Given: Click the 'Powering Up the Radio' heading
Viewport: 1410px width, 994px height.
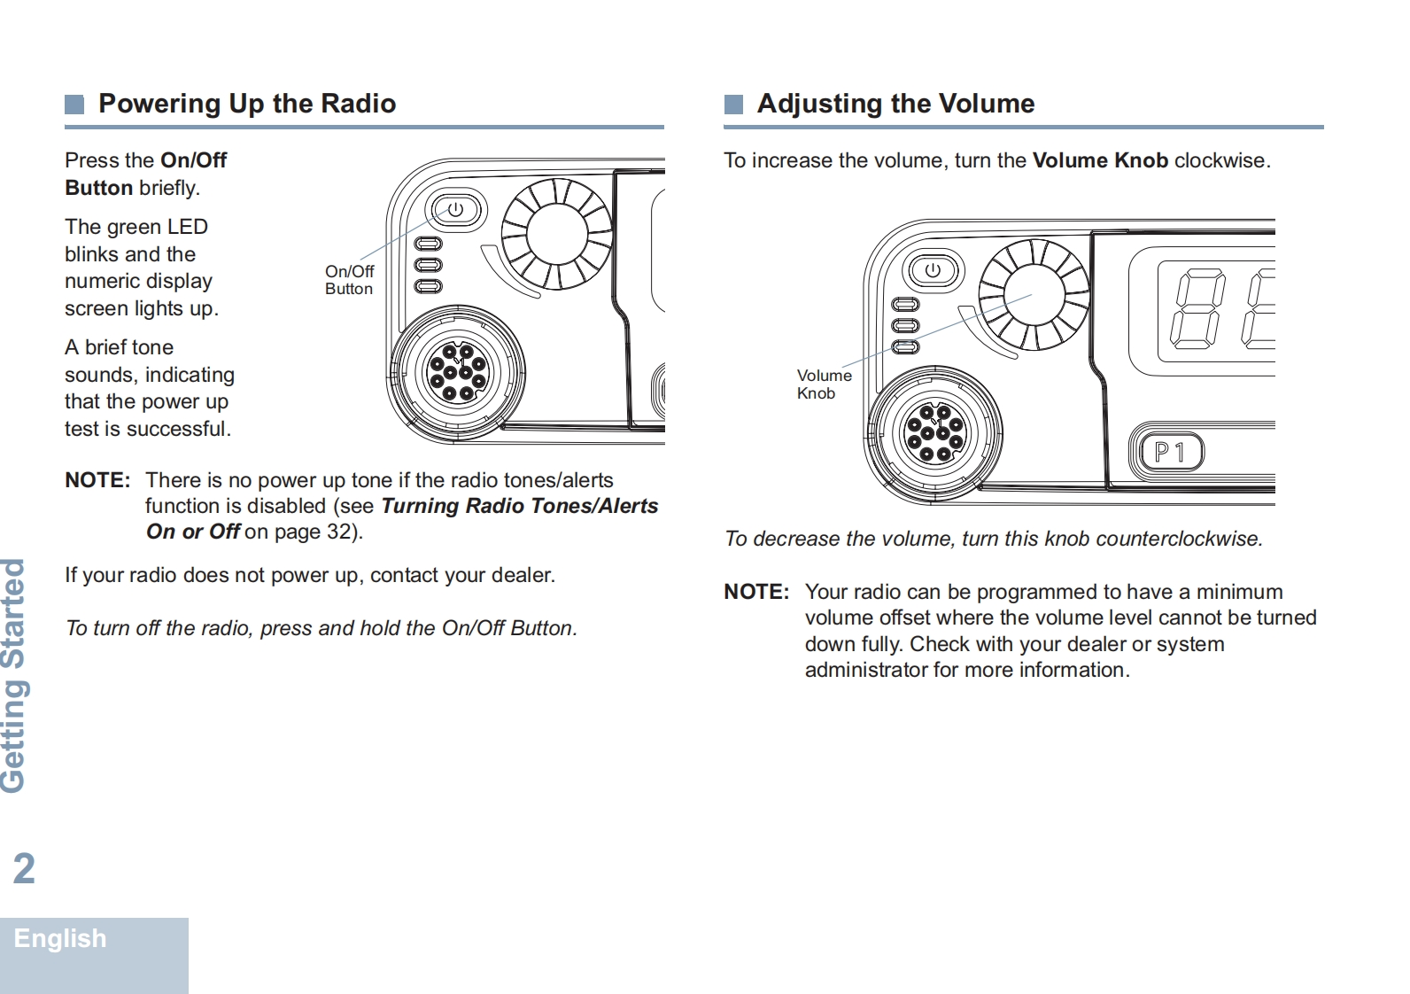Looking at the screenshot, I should pyautogui.click(x=247, y=104).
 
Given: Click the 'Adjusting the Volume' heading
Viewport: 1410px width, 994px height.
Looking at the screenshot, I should pyautogui.click(x=895, y=104).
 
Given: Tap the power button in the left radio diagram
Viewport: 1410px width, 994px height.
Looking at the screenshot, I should pyautogui.click(x=455, y=210).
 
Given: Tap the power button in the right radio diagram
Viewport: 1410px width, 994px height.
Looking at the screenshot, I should pyautogui.click(x=933, y=270).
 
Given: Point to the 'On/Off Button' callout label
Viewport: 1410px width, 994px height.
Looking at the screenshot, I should pyautogui.click(x=349, y=280).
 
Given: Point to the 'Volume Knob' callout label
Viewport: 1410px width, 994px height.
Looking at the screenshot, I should pyautogui.click(x=824, y=384).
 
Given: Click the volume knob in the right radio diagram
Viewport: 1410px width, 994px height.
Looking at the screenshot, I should pyautogui.click(x=1034, y=295).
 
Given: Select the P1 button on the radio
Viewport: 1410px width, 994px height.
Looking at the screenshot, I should pyautogui.click(x=1169, y=453).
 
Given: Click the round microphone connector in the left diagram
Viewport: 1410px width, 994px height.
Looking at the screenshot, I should pyautogui.click(x=457, y=372).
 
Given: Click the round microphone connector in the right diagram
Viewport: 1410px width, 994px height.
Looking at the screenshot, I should pyautogui.click(x=934, y=433).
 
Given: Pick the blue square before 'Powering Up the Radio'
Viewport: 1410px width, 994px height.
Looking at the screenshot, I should pyautogui.click(x=74, y=105).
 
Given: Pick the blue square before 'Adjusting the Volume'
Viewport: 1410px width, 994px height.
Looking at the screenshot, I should pyautogui.click(x=733, y=105).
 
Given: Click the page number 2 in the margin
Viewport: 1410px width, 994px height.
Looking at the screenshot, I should pyautogui.click(x=24, y=868).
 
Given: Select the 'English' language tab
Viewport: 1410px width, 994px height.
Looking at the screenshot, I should pyautogui.click(x=60, y=938).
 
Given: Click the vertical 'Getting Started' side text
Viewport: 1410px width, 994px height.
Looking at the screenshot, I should pyautogui.click(x=14, y=675).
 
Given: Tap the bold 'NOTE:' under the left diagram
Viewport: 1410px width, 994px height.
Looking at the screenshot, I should pyautogui.click(x=97, y=480).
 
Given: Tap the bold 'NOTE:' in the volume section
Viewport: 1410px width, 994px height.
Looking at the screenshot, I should pyautogui.click(x=756, y=592).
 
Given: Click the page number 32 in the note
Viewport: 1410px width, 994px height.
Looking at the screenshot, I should pyautogui.click(x=338, y=532).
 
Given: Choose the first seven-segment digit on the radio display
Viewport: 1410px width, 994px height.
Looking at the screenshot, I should pyautogui.click(x=1197, y=311).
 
